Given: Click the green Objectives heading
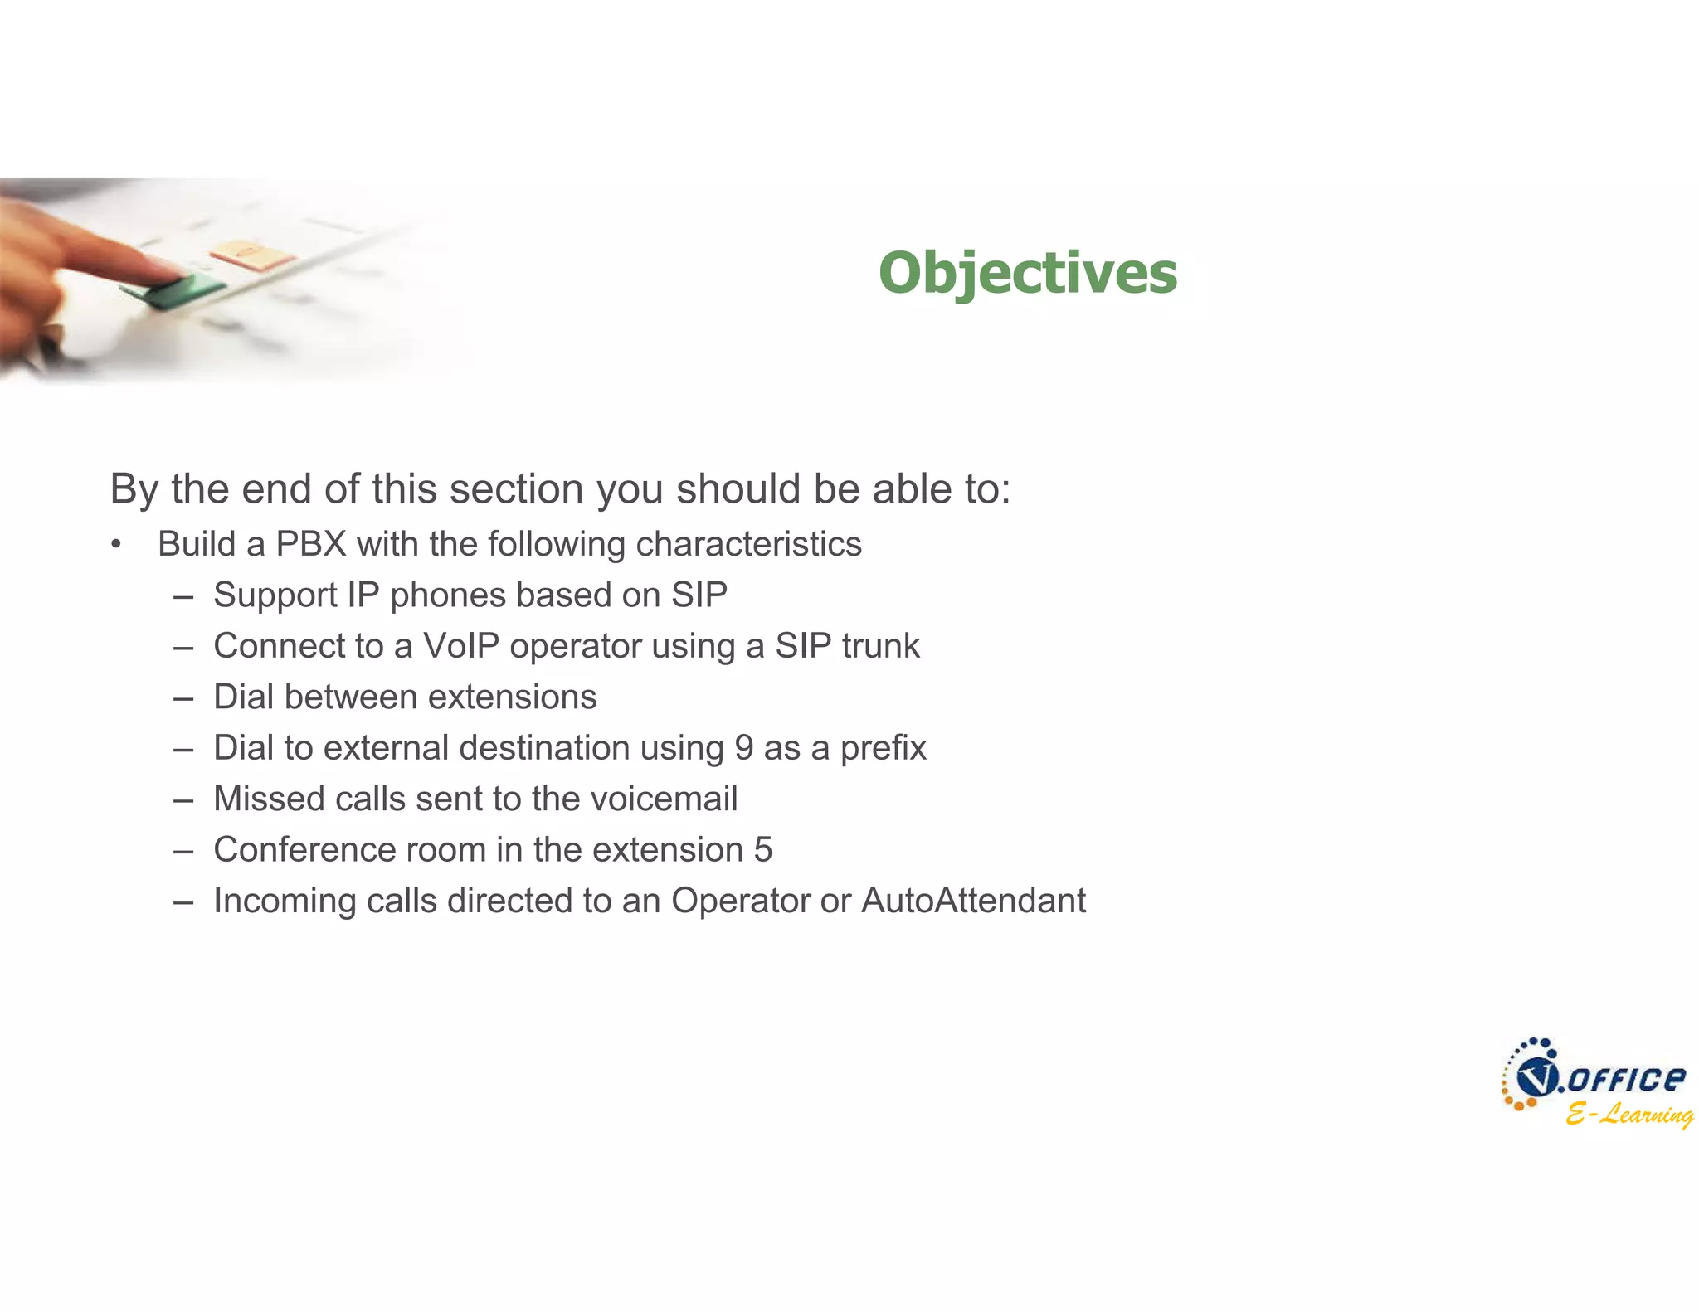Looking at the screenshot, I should point(1027,273).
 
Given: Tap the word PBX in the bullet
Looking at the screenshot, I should point(311,545).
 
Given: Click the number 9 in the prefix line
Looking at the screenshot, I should point(743,748).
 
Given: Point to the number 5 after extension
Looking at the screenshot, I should point(762,850).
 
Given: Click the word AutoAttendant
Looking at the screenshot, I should point(973,901).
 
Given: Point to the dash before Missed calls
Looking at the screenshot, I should point(183,799).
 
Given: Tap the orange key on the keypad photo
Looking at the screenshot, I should point(251,254).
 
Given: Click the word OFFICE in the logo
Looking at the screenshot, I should point(1626,1079).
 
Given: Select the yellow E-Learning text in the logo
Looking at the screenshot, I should point(1628,1115).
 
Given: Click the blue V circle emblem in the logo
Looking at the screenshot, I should point(1535,1077).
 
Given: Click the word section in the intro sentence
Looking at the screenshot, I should point(518,489).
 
